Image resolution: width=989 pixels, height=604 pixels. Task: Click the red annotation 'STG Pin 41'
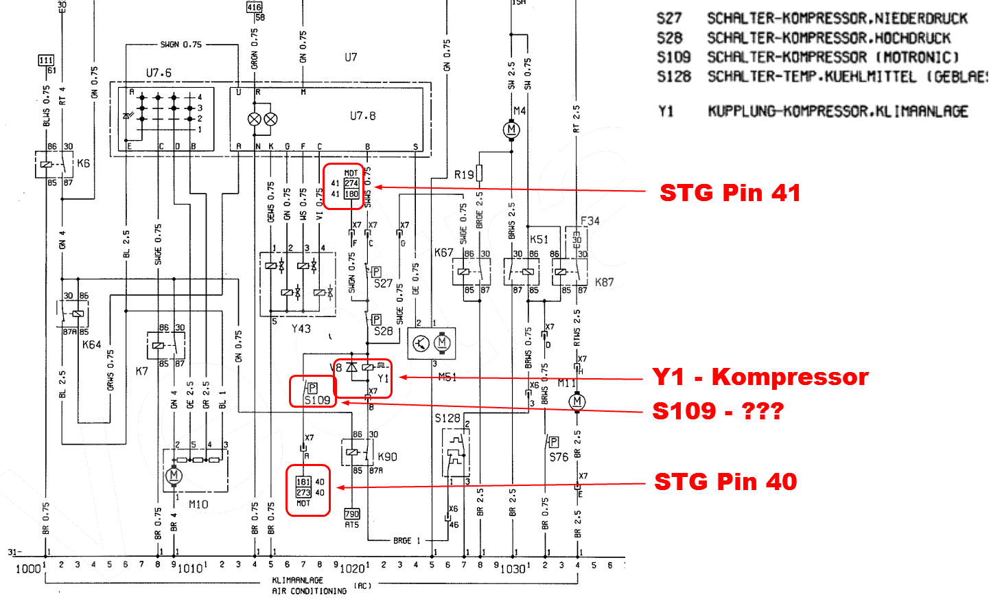(x=730, y=193)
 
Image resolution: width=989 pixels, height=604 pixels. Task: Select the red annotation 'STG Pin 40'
(x=725, y=482)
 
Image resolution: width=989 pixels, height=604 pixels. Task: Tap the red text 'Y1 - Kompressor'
(x=760, y=377)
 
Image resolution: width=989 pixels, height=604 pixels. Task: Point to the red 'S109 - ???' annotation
(x=717, y=411)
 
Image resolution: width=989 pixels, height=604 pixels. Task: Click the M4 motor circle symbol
(x=511, y=130)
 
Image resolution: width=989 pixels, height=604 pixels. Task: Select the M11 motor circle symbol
(x=577, y=402)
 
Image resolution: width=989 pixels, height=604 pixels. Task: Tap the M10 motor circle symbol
(x=174, y=475)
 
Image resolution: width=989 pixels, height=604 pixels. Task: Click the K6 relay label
(x=83, y=163)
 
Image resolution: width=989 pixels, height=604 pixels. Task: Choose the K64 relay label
(x=91, y=345)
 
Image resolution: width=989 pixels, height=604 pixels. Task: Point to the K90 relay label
(x=387, y=457)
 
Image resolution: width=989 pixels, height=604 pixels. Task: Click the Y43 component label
(x=301, y=329)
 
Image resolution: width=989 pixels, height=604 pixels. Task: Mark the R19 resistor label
(x=464, y=175)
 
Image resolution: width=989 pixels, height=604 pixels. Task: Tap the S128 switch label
(x=447, y=418)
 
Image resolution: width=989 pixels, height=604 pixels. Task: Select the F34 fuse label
(x=590, y=221)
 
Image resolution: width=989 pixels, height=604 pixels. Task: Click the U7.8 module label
(x=362, y=116)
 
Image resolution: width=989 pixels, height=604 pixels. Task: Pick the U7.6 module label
(x=159, y=73)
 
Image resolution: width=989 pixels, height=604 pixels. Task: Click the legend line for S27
(x=812, y=19)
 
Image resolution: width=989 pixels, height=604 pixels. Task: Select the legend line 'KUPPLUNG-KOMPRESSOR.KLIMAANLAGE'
(x=837, y=111)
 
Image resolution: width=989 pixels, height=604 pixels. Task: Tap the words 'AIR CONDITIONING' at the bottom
(x=309, y=591)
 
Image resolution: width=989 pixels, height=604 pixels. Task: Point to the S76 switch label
(x=559, y=457)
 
